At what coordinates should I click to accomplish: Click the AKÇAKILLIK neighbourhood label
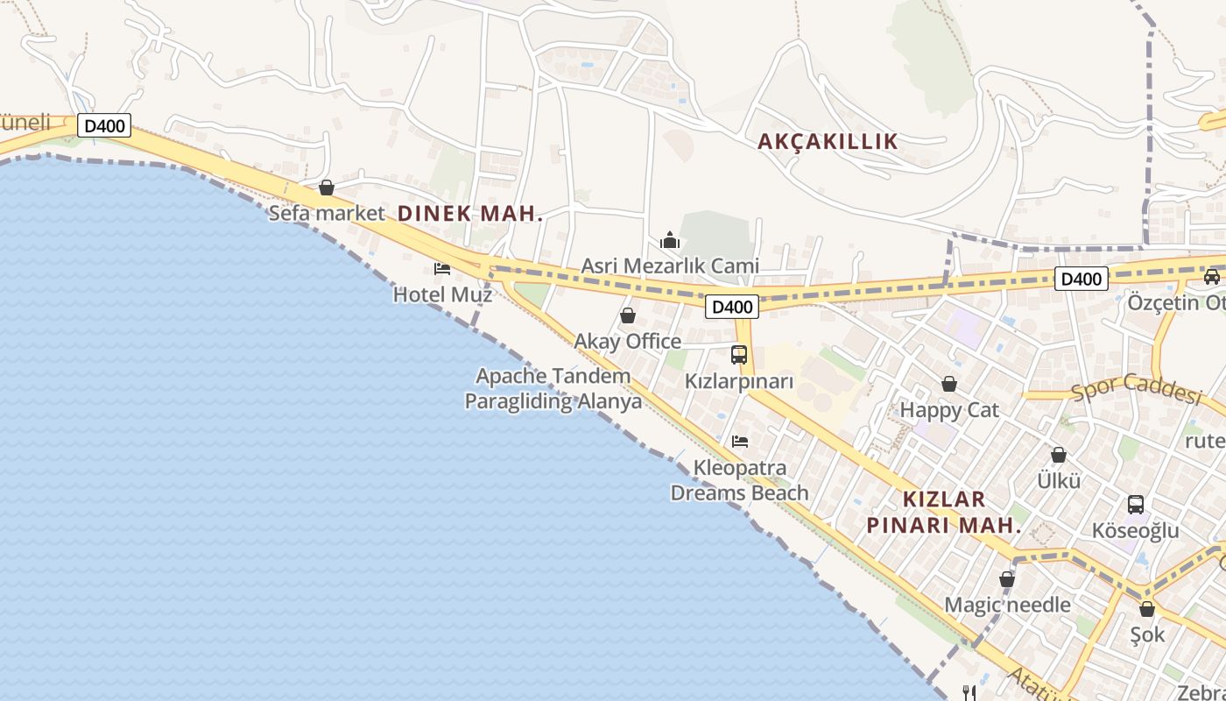tap(828, 141)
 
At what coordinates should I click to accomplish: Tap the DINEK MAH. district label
tap(470, 213)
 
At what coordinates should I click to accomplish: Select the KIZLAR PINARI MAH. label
tap(944, 513)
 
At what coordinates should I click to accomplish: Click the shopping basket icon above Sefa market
tap(327, 188)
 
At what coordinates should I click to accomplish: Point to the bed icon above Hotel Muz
tap(442, 268)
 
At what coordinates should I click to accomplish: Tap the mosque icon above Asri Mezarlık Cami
tap(670, 240)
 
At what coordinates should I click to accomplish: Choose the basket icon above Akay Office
tap(628, 315)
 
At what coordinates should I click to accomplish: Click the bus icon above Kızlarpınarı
tap(739, 355)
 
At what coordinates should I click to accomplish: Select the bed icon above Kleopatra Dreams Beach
tap(740, 441)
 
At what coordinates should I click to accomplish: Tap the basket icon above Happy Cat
tap(949, 384)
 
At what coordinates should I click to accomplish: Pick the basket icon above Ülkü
tap(1059, 455)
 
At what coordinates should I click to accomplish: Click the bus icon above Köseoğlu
tap(1136, 505)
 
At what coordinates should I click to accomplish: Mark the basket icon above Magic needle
tap(1007, 579)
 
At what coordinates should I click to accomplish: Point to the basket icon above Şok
tap(1147, 609)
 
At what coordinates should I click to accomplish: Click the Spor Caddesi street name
tap(1136, 389)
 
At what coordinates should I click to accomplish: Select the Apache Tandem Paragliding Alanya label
tap(553, 388)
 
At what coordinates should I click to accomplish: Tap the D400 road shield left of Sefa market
tap(105, 126)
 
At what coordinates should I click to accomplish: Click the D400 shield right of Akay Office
tap(732, 307)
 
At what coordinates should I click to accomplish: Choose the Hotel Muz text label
tap(442, 294)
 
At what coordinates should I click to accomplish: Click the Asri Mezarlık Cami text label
tap(670, 266)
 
